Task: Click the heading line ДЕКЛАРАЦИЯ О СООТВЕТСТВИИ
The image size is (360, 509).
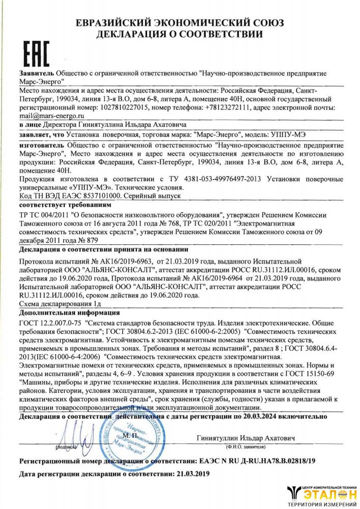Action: coord(180,35)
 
